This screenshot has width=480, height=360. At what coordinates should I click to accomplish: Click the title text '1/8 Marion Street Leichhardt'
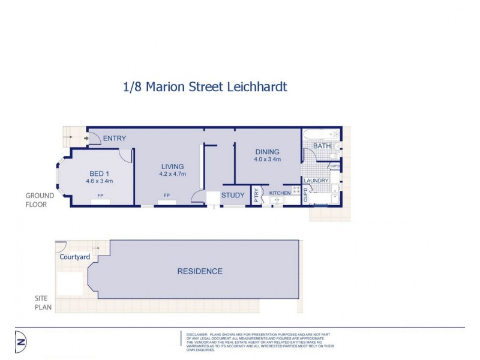point(205,87)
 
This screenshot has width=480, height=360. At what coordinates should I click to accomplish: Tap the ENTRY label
point(114,139)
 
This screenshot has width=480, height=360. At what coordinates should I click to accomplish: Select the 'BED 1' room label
point(100,172)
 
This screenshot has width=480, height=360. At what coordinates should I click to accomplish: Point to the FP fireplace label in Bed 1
point(100,195)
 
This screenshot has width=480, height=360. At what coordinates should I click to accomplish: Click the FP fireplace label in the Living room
point(166,195)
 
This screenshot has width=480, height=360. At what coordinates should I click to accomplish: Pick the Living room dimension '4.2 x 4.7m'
point(173,175)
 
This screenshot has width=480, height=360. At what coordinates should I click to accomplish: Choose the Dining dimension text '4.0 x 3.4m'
point(268,160)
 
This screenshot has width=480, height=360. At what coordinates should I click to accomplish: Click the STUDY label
point(233,195)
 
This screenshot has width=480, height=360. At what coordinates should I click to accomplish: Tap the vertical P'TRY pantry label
point(256,196)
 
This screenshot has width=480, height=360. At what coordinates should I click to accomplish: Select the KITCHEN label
point(280,193)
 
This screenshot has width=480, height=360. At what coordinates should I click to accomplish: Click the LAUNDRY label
point(316,181)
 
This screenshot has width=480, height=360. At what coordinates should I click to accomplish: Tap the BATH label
point(322,146)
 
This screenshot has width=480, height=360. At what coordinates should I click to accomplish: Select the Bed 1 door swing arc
point(124,154)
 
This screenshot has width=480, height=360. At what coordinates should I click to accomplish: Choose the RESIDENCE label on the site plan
point(199,271)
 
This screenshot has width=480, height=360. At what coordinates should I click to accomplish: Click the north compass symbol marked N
point(22,341)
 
